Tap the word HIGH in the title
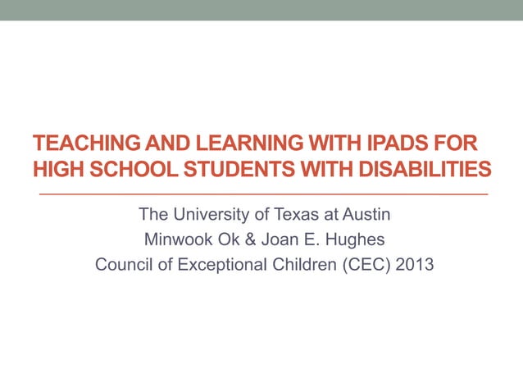tap(55, 170)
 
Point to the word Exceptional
tap(220, 266)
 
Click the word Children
tap(306, 266)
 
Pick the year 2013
tap(413, 266)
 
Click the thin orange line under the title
tap(262, 194)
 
